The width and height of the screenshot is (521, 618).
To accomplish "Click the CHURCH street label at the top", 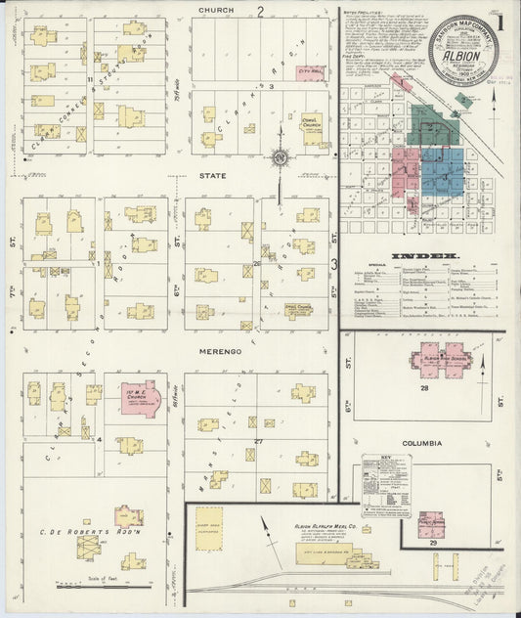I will tap(216, 11).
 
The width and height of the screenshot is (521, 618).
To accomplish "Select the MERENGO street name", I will tap(218, 350).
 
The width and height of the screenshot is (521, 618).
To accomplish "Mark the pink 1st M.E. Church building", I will tap(140, 398).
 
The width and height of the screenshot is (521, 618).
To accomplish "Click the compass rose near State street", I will tap(280, 156).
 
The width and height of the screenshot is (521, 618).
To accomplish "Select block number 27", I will tap(259, 442).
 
